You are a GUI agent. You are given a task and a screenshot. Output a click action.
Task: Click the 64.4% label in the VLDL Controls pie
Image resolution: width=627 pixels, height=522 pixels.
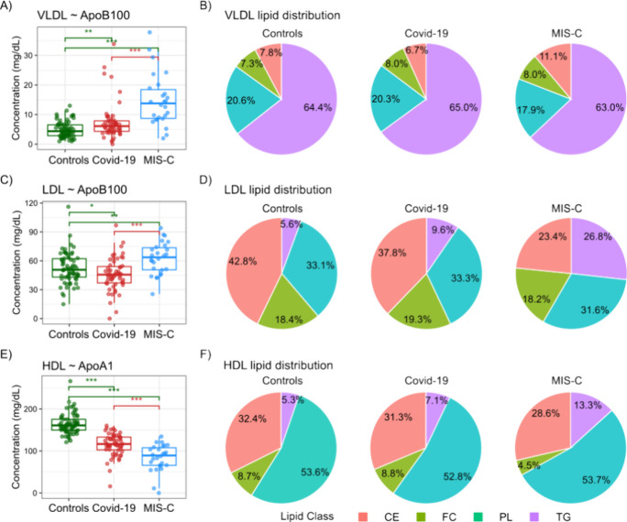click(317, 107)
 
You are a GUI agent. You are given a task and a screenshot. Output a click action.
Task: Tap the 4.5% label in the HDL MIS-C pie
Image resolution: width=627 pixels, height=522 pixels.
click(529, 465)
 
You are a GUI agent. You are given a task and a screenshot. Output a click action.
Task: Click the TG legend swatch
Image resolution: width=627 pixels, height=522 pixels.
click(534, 517)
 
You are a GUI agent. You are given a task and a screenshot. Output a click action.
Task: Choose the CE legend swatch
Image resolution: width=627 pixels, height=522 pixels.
click(363, 517)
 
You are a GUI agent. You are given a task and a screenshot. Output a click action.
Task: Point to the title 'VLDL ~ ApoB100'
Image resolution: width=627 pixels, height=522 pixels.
click(83, 16)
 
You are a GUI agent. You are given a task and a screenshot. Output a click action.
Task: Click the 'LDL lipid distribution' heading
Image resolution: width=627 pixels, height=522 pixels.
click(278, 190)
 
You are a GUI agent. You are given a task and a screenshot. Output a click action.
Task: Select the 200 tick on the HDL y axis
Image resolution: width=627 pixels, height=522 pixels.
click(31, 409)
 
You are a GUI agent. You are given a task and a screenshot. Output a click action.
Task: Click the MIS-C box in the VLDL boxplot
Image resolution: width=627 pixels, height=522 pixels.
click(159, 103)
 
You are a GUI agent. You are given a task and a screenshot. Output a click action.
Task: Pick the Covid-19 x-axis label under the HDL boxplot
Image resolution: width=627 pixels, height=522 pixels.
click(114, 508)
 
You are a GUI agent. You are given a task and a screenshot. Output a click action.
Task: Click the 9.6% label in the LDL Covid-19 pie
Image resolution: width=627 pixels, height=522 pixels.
click(443, 230)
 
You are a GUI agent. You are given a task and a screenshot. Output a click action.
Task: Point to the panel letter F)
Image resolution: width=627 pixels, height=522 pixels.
click(205, 354)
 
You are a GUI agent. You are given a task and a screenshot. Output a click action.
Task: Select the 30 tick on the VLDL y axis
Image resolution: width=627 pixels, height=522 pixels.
click(28, 55)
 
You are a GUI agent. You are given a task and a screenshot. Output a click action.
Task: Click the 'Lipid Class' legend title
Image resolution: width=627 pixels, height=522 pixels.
click(307, 516)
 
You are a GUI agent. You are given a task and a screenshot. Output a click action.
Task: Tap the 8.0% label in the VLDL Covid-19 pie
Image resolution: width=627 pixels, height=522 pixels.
click(397, 63)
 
